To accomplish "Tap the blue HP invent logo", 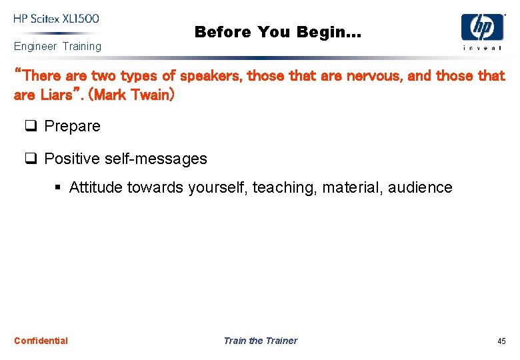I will coord(482,30).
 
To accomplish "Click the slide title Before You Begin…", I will coord(277,31).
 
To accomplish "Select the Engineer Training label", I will coord(57,46).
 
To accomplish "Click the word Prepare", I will coord(72,126).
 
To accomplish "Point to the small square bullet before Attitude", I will coord(59,188).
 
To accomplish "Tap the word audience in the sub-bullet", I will coord(421,187).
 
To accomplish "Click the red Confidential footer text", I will coord(41,341).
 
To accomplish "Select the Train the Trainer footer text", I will coord(260,341).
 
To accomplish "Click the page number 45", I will coord(501,341).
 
